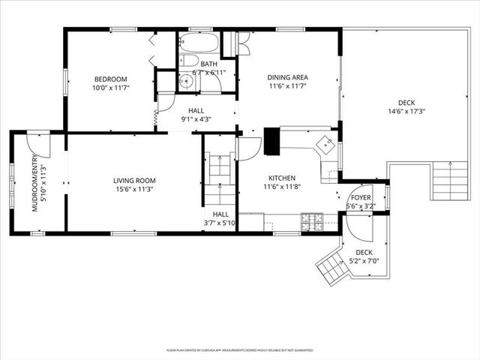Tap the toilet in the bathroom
pos(190,61)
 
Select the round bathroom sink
pos(187,82)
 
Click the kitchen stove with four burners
pos(312,221)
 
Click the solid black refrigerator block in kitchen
pos(271,141)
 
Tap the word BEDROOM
pos(110,79)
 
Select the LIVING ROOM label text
pos(134,180)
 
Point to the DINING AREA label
pos(289,77)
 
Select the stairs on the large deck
pos(450,182)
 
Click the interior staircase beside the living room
pos(220,180)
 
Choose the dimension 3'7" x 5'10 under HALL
pos(220,223)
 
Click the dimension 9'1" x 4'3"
pos(196,118)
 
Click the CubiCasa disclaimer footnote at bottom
pos(240,350)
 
